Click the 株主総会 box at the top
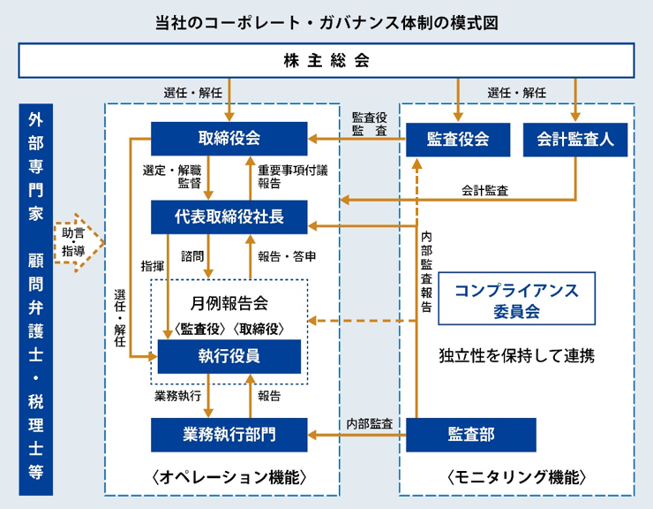click(x=326, y=61)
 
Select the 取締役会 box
click(x=229, y=139)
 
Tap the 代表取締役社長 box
click(x=229, y=217)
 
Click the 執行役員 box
click(x=229, y=356)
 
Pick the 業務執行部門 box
click(x=229, y=434)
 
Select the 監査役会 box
click(x=457, y=139)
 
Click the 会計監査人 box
click(x=574, y=139)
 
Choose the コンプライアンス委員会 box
click(x=516, y=300)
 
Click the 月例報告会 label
click(x=229, y=303)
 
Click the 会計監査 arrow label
click(x=484, y=189)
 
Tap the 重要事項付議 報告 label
click(x=281, y=177)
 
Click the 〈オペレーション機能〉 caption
click(x=229, y=477)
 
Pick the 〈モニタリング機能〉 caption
click(x=516, y=477)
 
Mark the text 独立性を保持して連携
click(x=516, y=356)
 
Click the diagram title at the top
click(x=326, y=22)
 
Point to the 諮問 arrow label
click(x=192, y=256)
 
